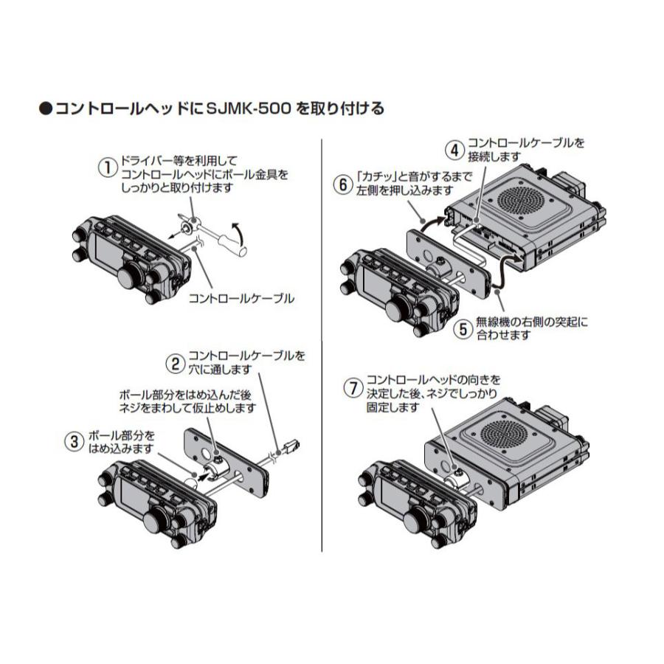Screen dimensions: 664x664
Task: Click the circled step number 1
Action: [x=108, y=167]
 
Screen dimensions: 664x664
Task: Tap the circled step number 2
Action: [x=175, y=363]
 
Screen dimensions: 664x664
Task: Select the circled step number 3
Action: [x=74, y=441]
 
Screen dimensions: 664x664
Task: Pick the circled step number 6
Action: [x=342, y=185]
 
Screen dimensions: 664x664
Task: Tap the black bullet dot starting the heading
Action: [x=45, y=109]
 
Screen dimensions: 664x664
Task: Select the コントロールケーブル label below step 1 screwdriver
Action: [x=242, y=298]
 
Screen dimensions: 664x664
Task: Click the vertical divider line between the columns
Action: [x=322, y=347]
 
